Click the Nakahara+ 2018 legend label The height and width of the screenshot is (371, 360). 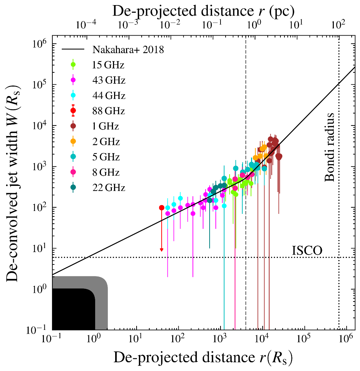[x=128, y=50]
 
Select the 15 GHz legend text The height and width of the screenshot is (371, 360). [x=108, y=65]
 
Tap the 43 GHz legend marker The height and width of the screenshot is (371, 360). [x=73, y=80]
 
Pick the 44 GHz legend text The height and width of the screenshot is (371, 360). [x=108, y=96]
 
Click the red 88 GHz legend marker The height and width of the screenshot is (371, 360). [x=73, y=111]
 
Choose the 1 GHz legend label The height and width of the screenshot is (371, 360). [x=105, y=126]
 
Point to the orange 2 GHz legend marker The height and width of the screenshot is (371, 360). [x=73, y=141]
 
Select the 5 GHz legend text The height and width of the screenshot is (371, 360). [x=105, y=157]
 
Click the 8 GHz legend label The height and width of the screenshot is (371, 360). [x=105, y=172]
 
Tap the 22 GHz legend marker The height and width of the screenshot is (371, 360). [x=73, y=187]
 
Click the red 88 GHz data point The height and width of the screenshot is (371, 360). [x=162, y=208]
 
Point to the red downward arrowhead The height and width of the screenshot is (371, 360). [x=162, y=250]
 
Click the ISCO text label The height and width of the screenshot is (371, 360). [x=307, y=251]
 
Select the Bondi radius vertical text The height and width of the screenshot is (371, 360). [x=329, y=147]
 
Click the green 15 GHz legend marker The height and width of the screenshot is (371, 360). [x=73, y=65]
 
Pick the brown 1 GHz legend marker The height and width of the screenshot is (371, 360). [x=73, y=126]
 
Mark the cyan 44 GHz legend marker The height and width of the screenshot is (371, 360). [x=73, y=96]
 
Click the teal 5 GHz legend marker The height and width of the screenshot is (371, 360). [x=73, y=157]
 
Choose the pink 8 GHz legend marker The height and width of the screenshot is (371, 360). [x=73, y=172]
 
